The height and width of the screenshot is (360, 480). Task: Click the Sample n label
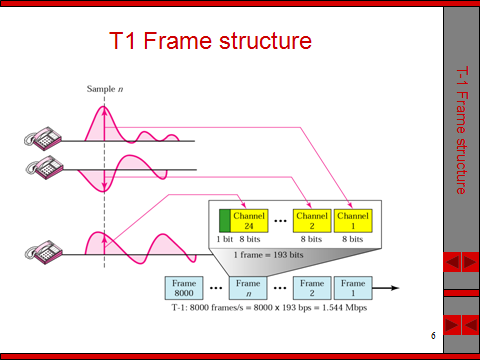coord(104,90)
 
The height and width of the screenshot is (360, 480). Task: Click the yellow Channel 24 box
coord(249,219)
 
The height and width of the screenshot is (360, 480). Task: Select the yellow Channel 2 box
coord(311,219)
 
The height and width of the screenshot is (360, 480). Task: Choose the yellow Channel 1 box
coord(353,219)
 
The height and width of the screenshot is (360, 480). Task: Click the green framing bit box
coord(225,219)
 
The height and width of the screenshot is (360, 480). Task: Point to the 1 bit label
coord(225,241)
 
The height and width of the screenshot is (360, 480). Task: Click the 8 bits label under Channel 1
coord(353,241)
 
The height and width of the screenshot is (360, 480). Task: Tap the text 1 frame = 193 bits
coord(269,256)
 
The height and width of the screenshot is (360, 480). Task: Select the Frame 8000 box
coord(183,288)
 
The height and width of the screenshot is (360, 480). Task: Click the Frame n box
coord(248,288)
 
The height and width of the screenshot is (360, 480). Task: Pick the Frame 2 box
coord(311,288)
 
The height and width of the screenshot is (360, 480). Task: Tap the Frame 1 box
coord(353,288)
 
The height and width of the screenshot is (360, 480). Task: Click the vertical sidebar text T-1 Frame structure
coord(461,130)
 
